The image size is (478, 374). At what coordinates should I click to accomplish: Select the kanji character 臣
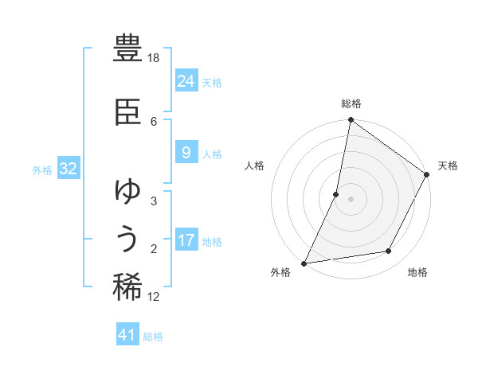128,112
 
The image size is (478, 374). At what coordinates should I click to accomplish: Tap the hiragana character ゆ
128,191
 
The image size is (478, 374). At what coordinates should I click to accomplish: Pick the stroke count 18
155,59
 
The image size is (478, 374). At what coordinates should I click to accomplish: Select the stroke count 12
154,297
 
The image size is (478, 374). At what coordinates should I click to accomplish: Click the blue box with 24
186,81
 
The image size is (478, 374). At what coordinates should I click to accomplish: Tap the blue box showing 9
186,153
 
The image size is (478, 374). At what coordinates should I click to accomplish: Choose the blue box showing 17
186,240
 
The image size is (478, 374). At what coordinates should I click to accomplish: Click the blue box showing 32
68,169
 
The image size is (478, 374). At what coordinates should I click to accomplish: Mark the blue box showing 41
127,335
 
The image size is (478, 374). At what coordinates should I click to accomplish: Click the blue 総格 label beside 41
153,337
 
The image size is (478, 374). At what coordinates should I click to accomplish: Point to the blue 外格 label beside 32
42,169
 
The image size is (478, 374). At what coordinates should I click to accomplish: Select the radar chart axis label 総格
351,103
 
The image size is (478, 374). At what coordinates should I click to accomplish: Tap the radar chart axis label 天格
448,166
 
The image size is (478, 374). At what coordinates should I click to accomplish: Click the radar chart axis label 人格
255,166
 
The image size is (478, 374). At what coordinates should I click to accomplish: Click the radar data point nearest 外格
304,263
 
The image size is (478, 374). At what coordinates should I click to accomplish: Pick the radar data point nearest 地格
389,251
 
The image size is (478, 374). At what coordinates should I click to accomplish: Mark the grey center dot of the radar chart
351,199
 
